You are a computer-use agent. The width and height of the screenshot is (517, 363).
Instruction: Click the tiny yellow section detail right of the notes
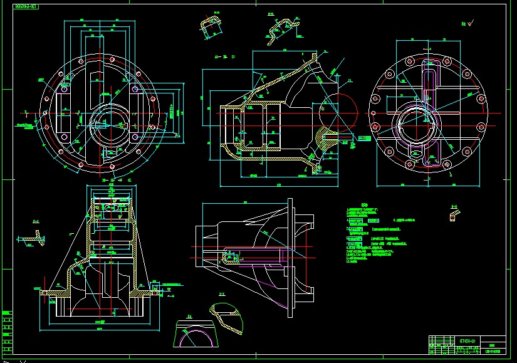pos(453,215)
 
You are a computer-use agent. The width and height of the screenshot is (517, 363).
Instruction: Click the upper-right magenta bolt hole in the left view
pos(135,90)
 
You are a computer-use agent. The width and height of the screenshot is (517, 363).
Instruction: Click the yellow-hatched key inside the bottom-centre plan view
pos(229,256)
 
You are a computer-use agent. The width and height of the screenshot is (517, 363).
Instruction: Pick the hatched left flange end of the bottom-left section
pos(48,293)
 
